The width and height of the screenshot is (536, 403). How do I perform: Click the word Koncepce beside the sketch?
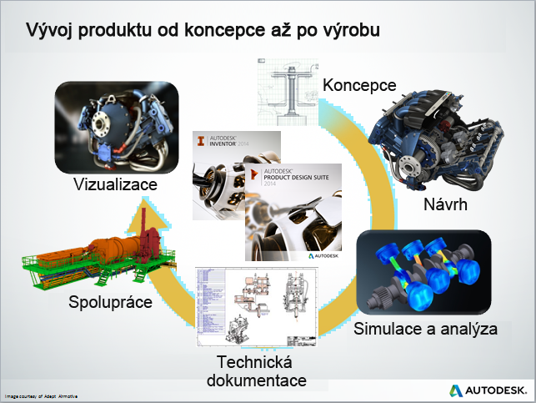pyautogui.click(x=358, y=85)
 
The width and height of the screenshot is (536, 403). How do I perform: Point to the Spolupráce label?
pyautogui.click(x=111, y=302)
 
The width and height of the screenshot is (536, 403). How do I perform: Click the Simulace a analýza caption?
pyautogui.click(x=425, y=328)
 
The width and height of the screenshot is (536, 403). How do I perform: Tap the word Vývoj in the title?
pyautogui.click(x=49, y=31)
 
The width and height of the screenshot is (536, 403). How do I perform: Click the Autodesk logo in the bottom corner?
pyautogui.click(x=488, y=390)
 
